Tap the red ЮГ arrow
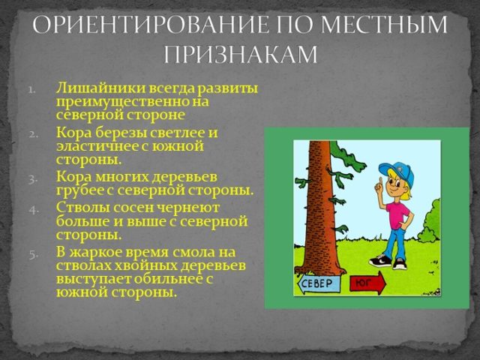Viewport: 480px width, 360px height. click(366, 283)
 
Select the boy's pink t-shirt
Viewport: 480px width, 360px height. click(397, 213)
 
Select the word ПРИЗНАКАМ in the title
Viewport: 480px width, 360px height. click(240, 54)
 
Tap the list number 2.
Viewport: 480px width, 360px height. click(33, 133)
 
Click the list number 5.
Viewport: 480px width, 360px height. click(33, 253)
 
